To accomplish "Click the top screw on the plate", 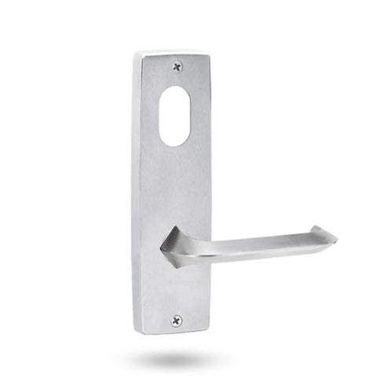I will (178, 66).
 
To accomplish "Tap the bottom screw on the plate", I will (176, 320).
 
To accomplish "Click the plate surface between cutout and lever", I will (177, 188).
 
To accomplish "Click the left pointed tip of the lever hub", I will (161, 248).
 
